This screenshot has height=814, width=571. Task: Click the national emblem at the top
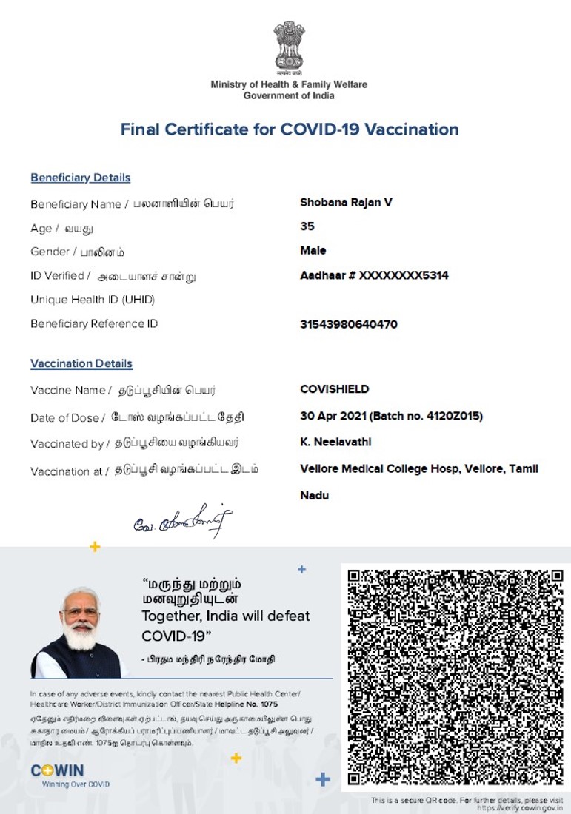pos(288,47)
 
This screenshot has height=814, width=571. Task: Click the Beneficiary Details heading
pos(80,178)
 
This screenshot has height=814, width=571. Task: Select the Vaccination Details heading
pos(81,363)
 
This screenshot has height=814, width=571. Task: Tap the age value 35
pos(307,226)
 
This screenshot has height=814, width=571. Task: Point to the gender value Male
pos(313,250)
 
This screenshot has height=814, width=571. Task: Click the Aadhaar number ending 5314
pos(374,275)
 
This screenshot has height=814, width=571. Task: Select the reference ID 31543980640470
pos(349,324)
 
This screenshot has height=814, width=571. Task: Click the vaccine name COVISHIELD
pos(334,389)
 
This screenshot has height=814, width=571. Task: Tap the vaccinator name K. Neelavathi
pos(335,442)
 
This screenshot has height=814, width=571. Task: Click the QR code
pos(455,677)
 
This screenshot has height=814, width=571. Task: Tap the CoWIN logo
pos(57,771)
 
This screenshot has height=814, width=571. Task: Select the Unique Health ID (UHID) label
pos(93,300)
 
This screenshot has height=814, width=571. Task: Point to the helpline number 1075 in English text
pos(270,704)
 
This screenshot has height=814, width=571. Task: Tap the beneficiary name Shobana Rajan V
pos(346,202)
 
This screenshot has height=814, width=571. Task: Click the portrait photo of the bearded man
pos(79,633)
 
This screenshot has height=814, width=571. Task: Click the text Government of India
pos(289,95)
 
